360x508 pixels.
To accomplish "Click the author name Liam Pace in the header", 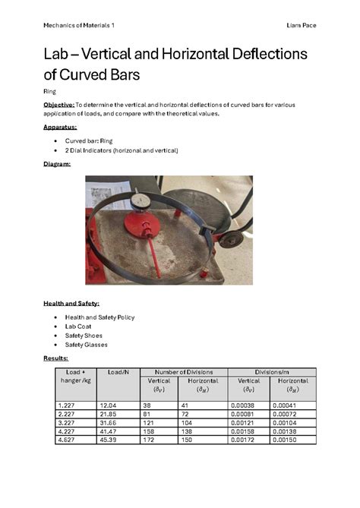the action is click(x=302, y=25).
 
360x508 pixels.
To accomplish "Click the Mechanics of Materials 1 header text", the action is click(x=79, y=25).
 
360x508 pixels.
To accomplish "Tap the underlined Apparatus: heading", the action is click(x=60, y=127).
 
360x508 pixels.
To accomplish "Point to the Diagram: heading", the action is click(x=57, y=163).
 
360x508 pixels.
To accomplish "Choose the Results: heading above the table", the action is click(x=55, y=357).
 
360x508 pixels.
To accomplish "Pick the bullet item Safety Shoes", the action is click(x=84, y=335).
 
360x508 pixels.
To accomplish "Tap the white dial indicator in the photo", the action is click(x=141, y=201).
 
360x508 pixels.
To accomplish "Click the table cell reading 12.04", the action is click(x=108, y=406).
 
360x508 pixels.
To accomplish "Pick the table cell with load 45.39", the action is click(x=108, y=440).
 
